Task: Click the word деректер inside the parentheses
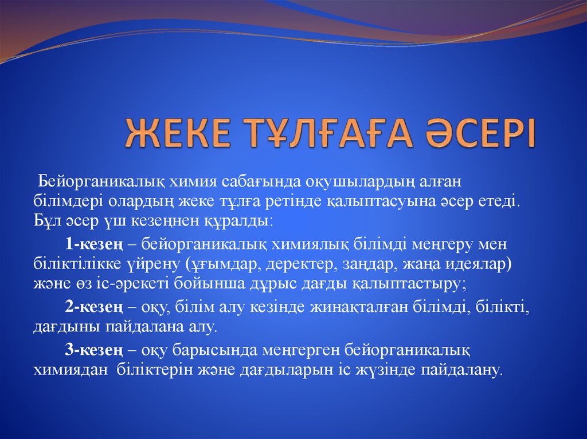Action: coord(308,265)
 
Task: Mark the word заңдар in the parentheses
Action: coord(365,265)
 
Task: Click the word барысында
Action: coord(222,349)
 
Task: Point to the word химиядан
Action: coord(71,370)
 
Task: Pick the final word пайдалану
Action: coord(461,370)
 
